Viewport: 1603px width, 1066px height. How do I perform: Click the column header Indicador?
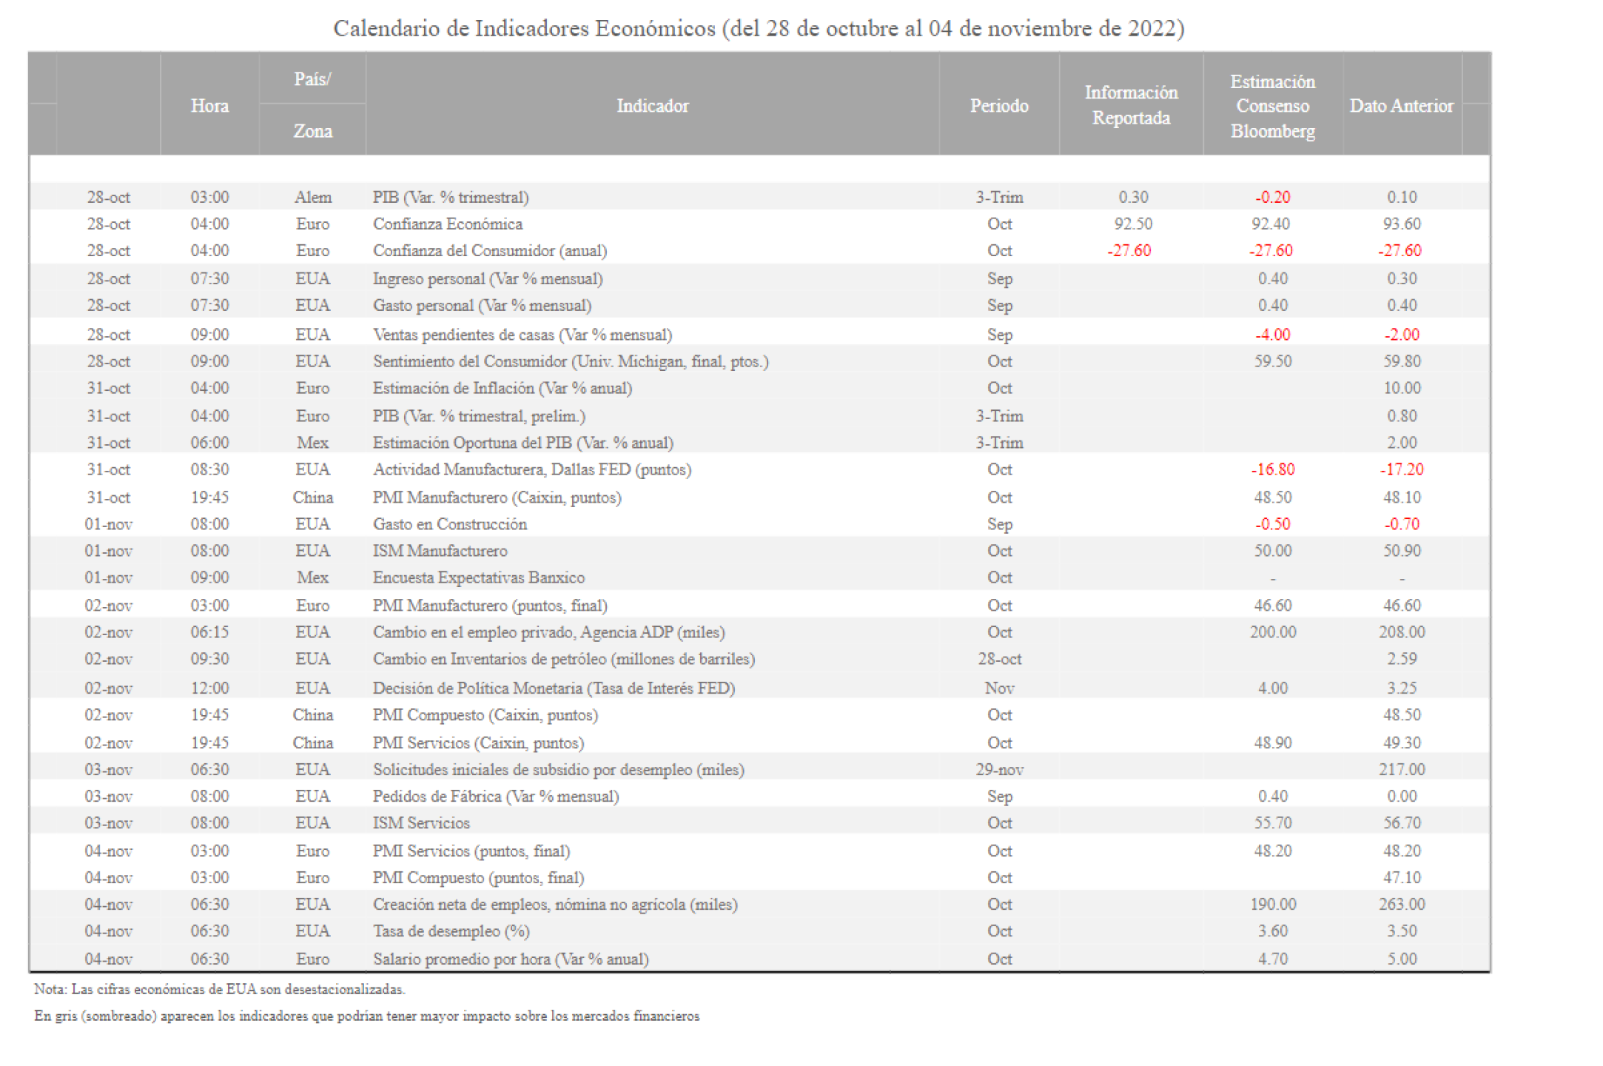click(x=652, y=106)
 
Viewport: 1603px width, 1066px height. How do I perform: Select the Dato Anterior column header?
click(x=1401, y=106)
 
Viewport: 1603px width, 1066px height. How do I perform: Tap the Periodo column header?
click(x=998, y=106)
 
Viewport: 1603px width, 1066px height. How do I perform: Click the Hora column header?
click(x=209, y=106)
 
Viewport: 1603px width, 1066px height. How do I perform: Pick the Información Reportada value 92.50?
click(x=1132, y=224)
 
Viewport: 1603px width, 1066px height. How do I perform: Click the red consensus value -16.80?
click(x=1272, y=469)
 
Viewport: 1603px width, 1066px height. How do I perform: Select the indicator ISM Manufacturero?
click(x=440, y=551)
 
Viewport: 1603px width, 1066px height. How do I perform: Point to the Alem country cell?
click(x=312, y=197)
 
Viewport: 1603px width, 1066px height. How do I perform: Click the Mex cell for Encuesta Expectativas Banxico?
click(x=312, y=577)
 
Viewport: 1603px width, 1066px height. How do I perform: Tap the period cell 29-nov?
click(x=999, y=769)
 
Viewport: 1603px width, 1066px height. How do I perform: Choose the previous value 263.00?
click(x=1402, y=904)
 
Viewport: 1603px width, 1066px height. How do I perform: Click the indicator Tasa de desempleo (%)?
click(x=451, y=931)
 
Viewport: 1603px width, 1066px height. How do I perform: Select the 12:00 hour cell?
click(x=209, y=688)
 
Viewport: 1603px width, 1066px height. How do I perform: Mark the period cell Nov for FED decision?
click(x=999, y=688)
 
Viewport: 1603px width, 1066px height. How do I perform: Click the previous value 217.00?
click(x=1402, y=769)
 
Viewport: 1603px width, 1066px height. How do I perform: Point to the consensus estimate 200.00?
click(x=1272, y=632)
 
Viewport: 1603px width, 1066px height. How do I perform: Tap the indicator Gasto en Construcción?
click(x=449, y=524)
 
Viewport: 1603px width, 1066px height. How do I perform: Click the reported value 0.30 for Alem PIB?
click(x=1132, y=197)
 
